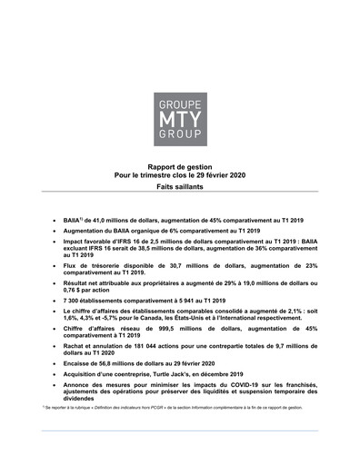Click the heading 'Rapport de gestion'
[x=180, y=167]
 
